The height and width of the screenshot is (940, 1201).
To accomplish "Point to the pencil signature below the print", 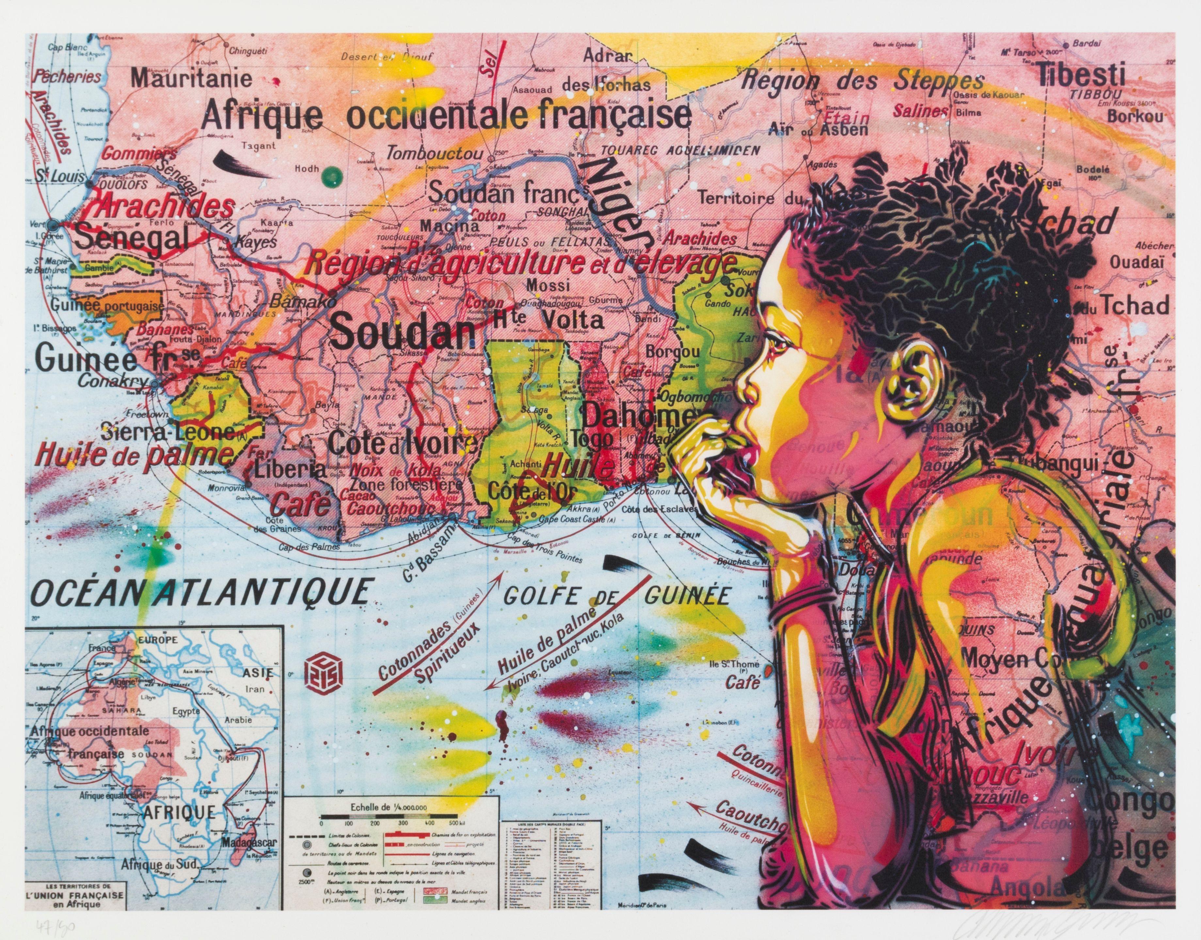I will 1095,920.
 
